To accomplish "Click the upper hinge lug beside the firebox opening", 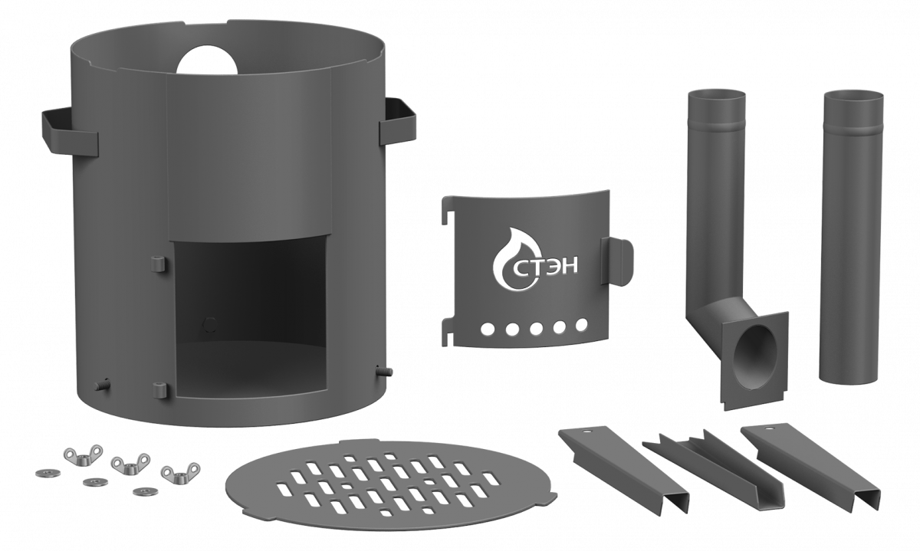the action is (158, 264).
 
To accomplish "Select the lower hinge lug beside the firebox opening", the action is (159, 390).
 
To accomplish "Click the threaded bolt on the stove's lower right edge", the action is (384, 371).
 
